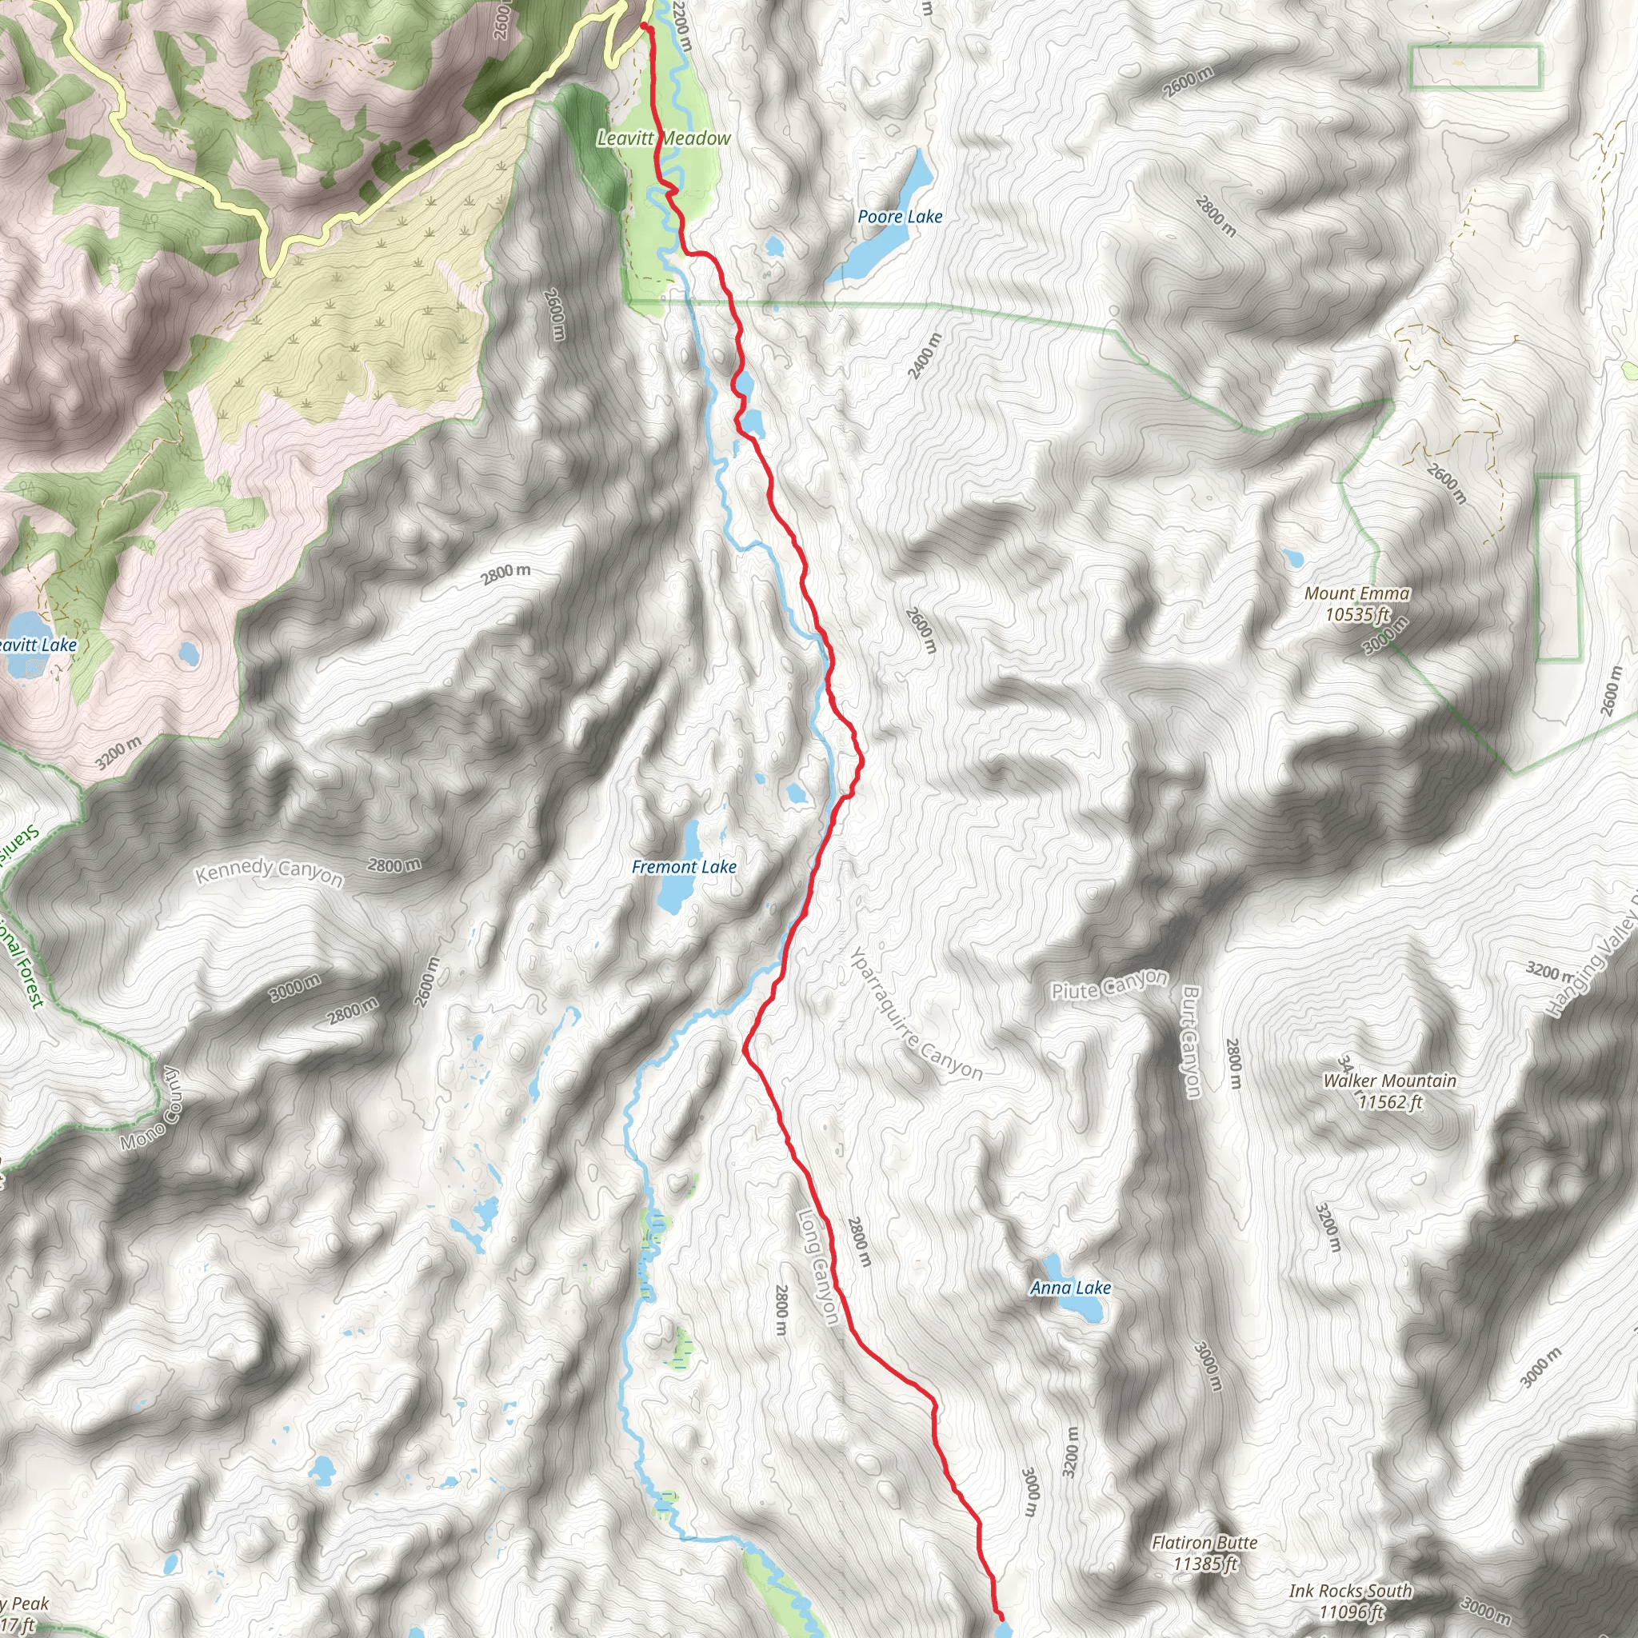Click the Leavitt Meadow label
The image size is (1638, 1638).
(x=663, y=138)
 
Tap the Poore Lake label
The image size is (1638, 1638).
(x=900, y=217)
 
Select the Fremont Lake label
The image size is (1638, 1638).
(x=683, y=867)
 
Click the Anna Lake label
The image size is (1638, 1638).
(x=1070, y=1288)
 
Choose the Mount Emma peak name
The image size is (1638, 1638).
(x=1356, y=593)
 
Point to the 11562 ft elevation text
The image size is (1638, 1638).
(x=1389, y=1101)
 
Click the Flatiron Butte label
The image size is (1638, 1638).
(x=1204, y=1543)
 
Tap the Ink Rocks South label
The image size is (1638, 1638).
(x=1351, y=1592)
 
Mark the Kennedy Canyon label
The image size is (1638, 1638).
(x=269, y=873)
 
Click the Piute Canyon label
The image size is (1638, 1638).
(x=1109, y=986)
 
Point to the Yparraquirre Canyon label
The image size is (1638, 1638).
(x=916, y=1014)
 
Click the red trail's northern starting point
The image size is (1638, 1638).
(x=644, y=27)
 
